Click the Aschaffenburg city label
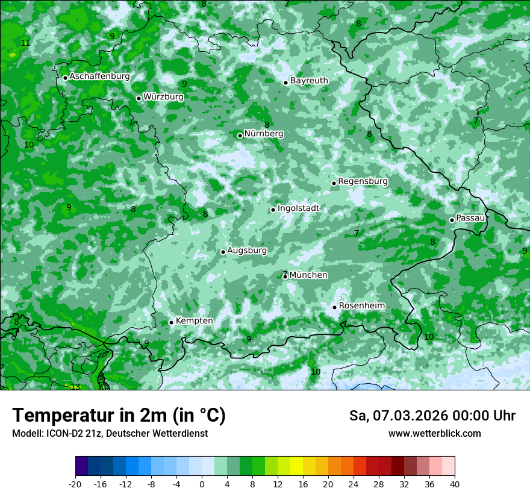99,77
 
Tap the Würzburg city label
163,97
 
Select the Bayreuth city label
309,81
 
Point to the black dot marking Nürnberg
240,136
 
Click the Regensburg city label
363,181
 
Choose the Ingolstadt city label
298,208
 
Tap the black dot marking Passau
452,220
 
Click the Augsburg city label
247,251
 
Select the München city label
308,275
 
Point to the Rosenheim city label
361,306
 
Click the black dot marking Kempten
171,322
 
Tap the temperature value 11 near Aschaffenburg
25,43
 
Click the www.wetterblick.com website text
434,434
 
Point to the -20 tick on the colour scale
75,484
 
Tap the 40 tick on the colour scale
455,484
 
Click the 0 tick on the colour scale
202,484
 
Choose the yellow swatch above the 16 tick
296,466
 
